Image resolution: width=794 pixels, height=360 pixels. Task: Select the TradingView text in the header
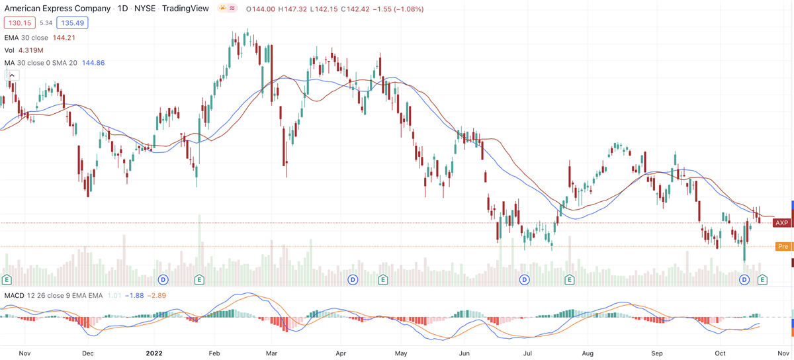pyautogui.click(x=185, y=9)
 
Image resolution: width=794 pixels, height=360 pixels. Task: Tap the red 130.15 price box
pyautogui.click(x=19, y=23)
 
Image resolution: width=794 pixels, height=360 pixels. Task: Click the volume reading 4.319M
pyautogui.click(x=30, y=50)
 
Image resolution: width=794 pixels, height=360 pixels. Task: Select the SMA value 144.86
pyautogui.click(x=91, y=63)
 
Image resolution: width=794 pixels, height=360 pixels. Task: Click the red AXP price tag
pyautogui.click(x=782, y=223)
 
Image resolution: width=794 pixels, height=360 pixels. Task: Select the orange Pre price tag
pyautogui.click(x=783, y=247)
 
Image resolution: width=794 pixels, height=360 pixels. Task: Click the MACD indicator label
pyautogui.click(x=16, y=295)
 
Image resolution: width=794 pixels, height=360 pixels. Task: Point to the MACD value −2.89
pyautogui.click(x=157, y=295)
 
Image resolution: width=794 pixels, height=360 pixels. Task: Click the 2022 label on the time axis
pyautogui.click(x=154, y=354)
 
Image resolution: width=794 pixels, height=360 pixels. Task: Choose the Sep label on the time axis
pyautogui.click(x=657, y=354)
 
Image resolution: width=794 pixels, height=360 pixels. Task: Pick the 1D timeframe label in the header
pyautogui.click(x=122, y=9)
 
